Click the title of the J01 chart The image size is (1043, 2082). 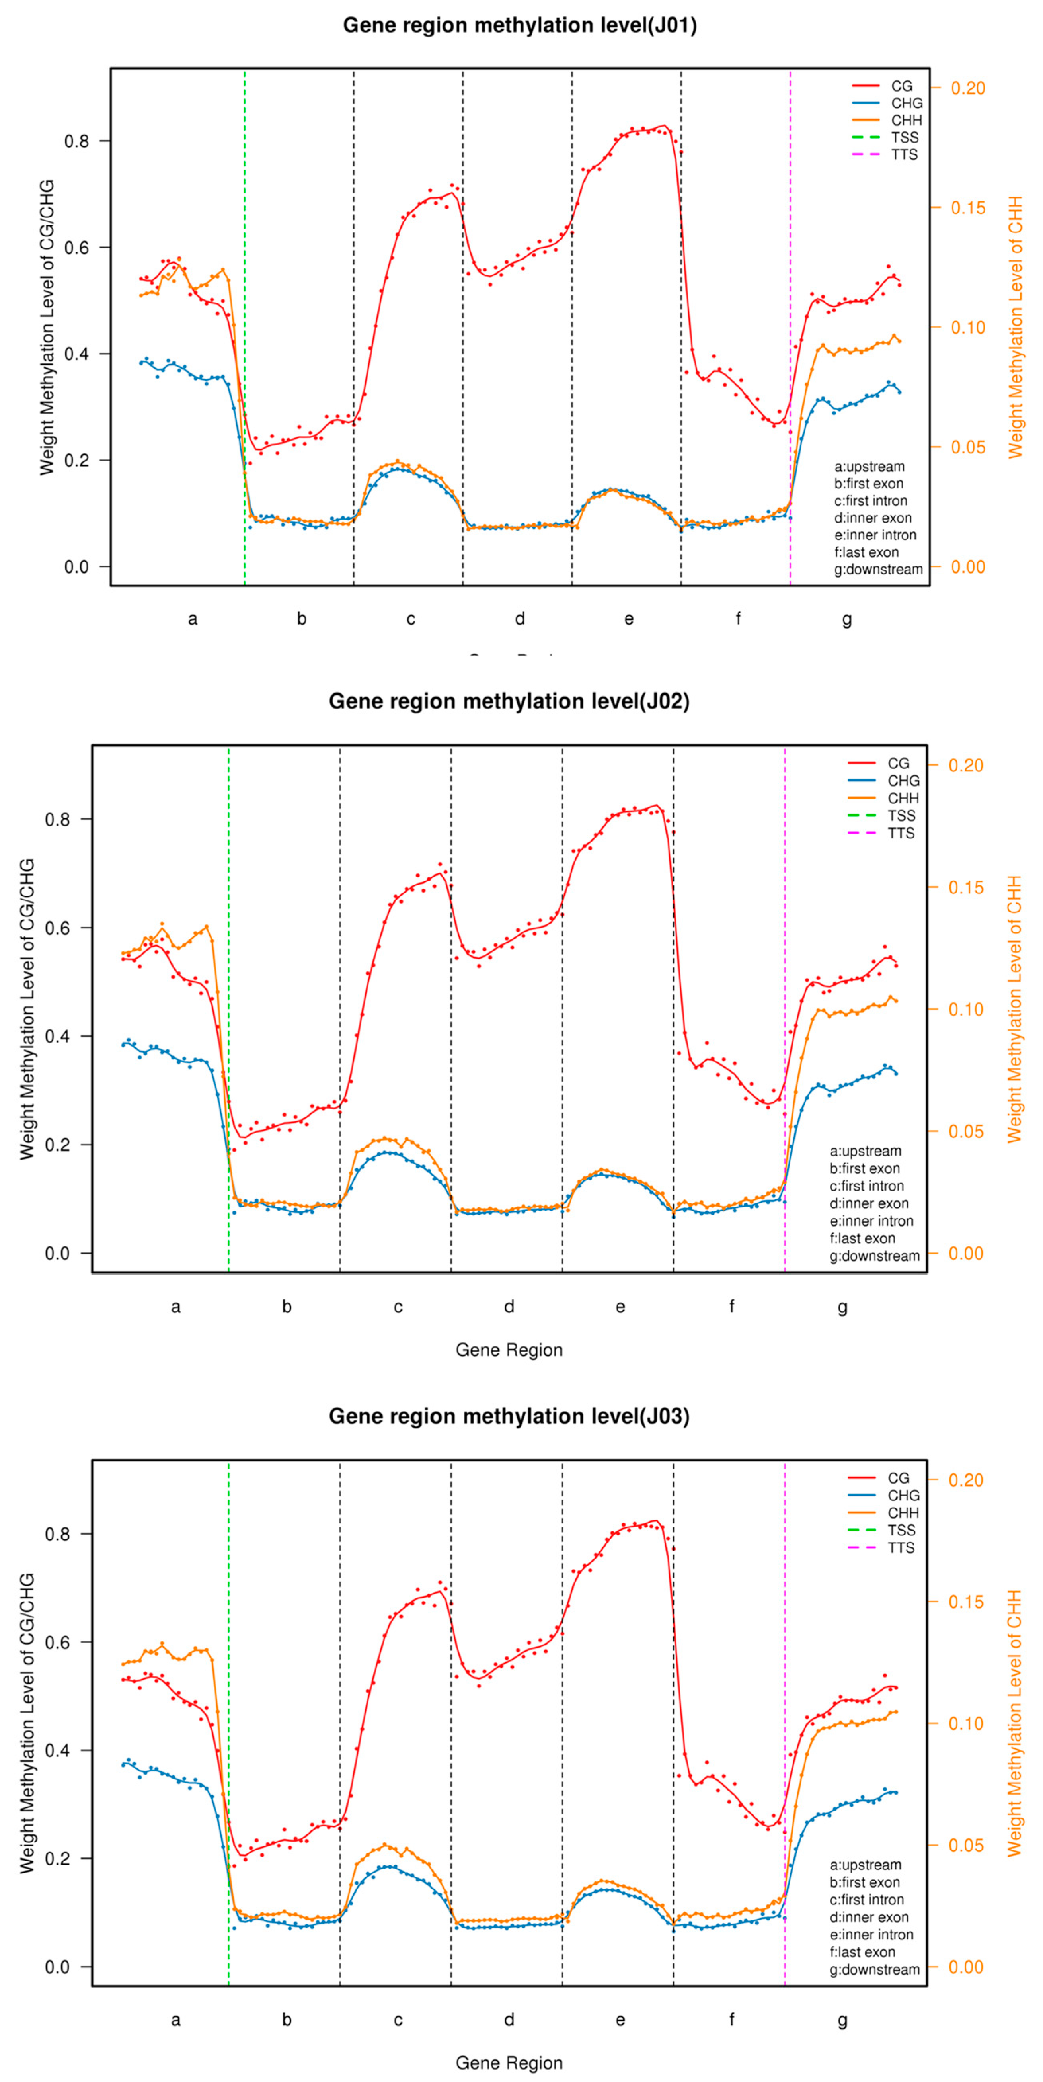(x=519, y=25)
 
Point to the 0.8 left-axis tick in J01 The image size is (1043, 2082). (x=77, y=141)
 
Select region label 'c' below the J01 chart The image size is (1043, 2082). (x=410, y=619)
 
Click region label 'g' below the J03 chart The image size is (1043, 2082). (x=842, y=2020)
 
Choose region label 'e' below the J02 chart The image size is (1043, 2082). (x=620, y=1307)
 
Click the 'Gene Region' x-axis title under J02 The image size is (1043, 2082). (x=509, y=1350)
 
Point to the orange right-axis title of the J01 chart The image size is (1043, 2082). (x=1015, y=327)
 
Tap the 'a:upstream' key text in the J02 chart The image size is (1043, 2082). (x=865, y=1151)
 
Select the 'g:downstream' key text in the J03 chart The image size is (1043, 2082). (x=874, y=1970)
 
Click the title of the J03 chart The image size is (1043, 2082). (x=509, y=1416)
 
